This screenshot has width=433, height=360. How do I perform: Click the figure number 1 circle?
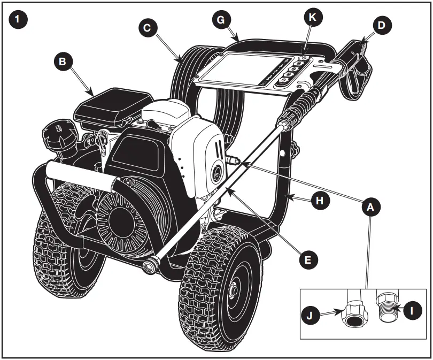(x=19, y=20)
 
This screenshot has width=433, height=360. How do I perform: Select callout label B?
(x=63, y=62)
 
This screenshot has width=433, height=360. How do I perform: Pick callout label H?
(x=320, y=201)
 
